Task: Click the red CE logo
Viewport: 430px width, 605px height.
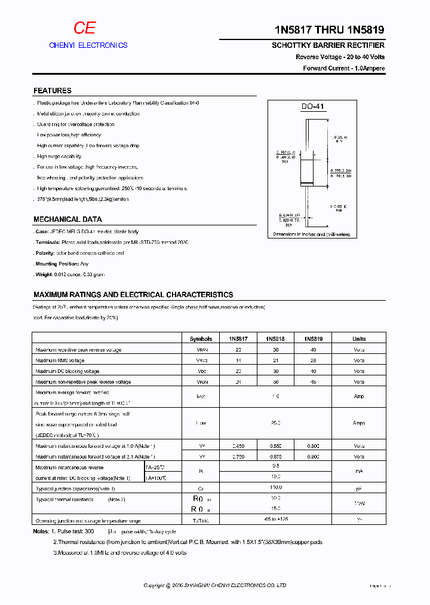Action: click(x=84, y=28)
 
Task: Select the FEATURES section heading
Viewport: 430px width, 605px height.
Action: click(x=53, y=91)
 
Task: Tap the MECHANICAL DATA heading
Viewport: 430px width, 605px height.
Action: click(x=67, y=219)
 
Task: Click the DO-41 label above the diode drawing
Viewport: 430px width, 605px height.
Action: click(x=312, y=106)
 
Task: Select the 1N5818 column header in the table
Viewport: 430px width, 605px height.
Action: click(x=274, y=338)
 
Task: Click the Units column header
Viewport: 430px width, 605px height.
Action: click(x=358, y=338)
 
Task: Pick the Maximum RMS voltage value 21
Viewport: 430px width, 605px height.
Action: click(x=274, y=360)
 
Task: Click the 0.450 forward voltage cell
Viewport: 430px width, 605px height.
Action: click(x=238, y=445)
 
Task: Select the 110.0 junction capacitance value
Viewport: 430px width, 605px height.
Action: click(x=275, y=488)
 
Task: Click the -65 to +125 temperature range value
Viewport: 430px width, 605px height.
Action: click(x=275, y=520)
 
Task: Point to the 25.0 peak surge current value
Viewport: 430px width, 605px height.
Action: click(x=275, y=423)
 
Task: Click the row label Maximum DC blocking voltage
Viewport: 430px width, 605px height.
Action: click(x=67, y=371)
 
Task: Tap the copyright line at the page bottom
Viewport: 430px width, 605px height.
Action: click(x=215, y=585)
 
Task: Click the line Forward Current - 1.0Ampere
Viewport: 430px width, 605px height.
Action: click(x=343, y=68)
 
